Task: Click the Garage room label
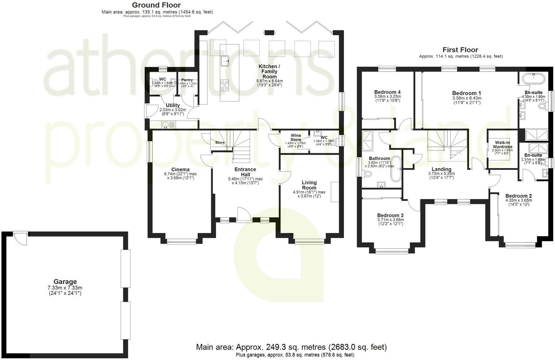65,282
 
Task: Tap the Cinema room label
180,170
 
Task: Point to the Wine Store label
296,137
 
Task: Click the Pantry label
187,80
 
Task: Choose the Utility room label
173,105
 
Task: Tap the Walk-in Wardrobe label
502,145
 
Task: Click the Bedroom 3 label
390,215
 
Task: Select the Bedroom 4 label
387,92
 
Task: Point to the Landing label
442,169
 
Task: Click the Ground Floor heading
156,5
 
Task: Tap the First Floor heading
460,50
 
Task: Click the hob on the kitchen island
225,85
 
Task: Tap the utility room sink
165,125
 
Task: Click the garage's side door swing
21,238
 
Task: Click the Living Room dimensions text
309,194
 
